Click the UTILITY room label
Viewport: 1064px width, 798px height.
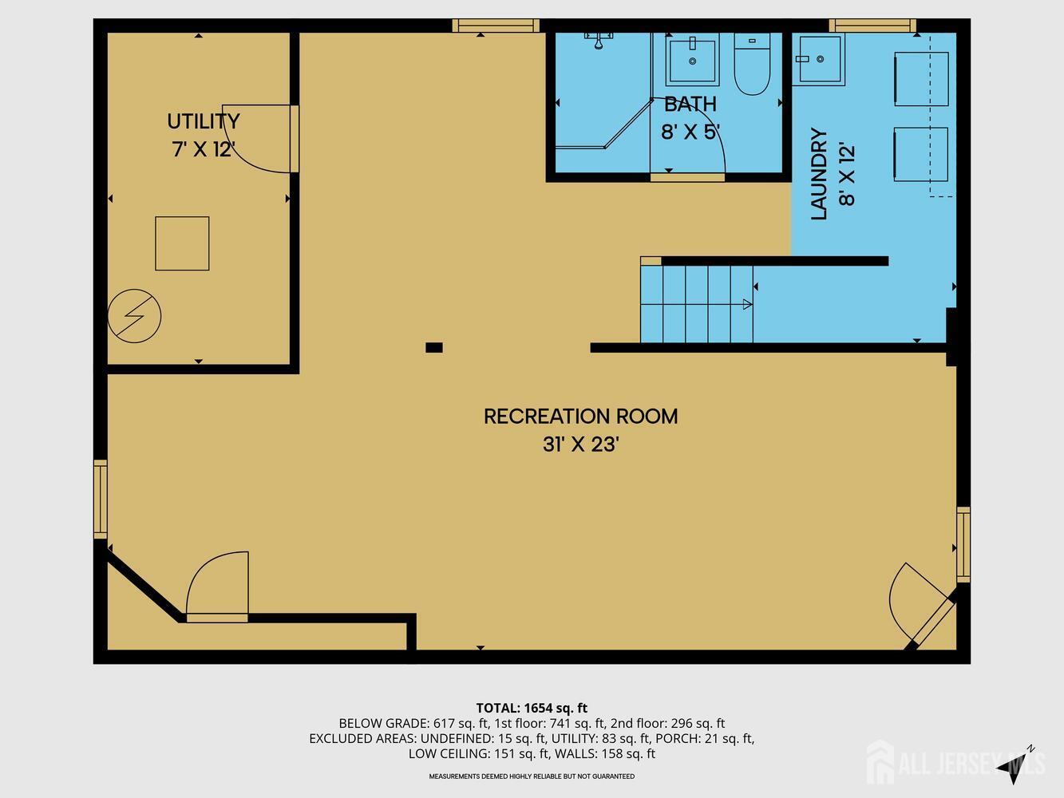click(x=204, y=121)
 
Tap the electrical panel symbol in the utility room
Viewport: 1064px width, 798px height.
click(x=134, y=316)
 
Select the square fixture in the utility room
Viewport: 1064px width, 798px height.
click(x=182, y=243)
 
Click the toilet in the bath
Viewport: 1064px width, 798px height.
click(x=752, y=64)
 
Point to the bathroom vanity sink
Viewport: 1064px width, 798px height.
click(x=692, y=60)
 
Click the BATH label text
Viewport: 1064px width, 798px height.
click(x=690, y=105)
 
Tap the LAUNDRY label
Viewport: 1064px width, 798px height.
click(x=819, y=174)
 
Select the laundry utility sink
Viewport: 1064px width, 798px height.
click(x=819, y=59)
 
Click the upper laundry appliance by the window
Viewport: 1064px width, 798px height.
click(x=921, y=79)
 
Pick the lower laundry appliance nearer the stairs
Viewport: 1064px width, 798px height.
click(x=921, y=155)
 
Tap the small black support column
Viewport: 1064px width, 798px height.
click(x=434, y=347)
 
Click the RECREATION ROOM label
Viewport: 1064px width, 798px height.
click(x=581, y=417)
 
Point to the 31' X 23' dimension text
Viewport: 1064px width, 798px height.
click(x=581, y=444)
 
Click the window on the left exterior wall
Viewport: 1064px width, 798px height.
click(x=101, y=499)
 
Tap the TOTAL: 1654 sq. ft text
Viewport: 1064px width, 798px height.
click(x=532, y=708)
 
